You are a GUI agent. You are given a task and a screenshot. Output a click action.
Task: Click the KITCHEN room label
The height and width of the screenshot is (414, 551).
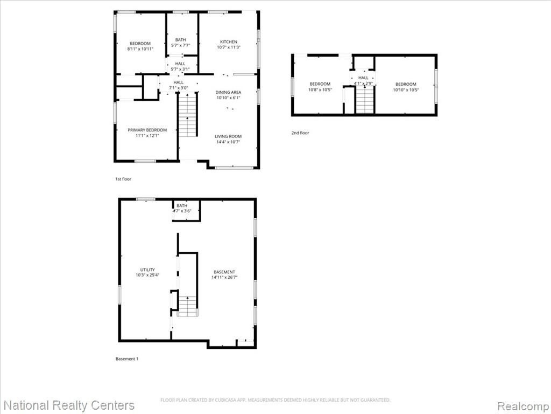tap(228, 42)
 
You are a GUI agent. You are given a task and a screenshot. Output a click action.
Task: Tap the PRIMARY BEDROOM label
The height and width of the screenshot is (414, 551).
tap(147, 130)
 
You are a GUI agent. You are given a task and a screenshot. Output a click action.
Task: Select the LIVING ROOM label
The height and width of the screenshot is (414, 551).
tap(228, 136)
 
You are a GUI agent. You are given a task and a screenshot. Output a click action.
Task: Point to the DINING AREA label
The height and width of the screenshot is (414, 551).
tap(228, 92)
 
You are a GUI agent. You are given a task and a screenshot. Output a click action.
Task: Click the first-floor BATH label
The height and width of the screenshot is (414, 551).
tap(181, 40)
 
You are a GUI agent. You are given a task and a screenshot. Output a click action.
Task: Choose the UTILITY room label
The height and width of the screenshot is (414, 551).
tap(147, 270)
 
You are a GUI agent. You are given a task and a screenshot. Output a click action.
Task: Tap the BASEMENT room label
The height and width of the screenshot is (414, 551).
tap(224, 272)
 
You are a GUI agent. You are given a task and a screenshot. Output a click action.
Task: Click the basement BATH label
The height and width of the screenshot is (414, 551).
tap(182, 205)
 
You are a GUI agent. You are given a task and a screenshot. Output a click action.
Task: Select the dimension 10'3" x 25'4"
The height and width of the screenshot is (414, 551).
tap(147, 275)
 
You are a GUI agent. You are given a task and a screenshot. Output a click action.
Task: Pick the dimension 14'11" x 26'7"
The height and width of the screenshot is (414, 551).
tap(224, 278)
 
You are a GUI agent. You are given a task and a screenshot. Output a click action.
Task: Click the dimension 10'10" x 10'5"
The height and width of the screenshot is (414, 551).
tap(406, 90)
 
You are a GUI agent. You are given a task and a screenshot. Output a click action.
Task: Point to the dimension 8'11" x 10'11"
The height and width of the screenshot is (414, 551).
tap(140, 49)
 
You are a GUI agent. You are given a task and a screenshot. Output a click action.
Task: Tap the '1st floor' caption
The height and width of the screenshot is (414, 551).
tap(123, 179)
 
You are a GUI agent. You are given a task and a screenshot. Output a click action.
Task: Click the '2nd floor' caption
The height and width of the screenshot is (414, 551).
tap(300, 133)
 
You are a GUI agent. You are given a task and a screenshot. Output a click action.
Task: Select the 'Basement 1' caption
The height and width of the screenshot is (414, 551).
tap(127, 358)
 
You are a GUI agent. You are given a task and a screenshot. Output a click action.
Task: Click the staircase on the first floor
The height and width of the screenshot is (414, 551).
tap(188, 114)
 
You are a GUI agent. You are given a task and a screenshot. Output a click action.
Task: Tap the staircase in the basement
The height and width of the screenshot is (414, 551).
tap(188, 306)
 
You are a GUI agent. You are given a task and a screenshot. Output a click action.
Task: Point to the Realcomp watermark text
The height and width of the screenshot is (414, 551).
tap(522, 405)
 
